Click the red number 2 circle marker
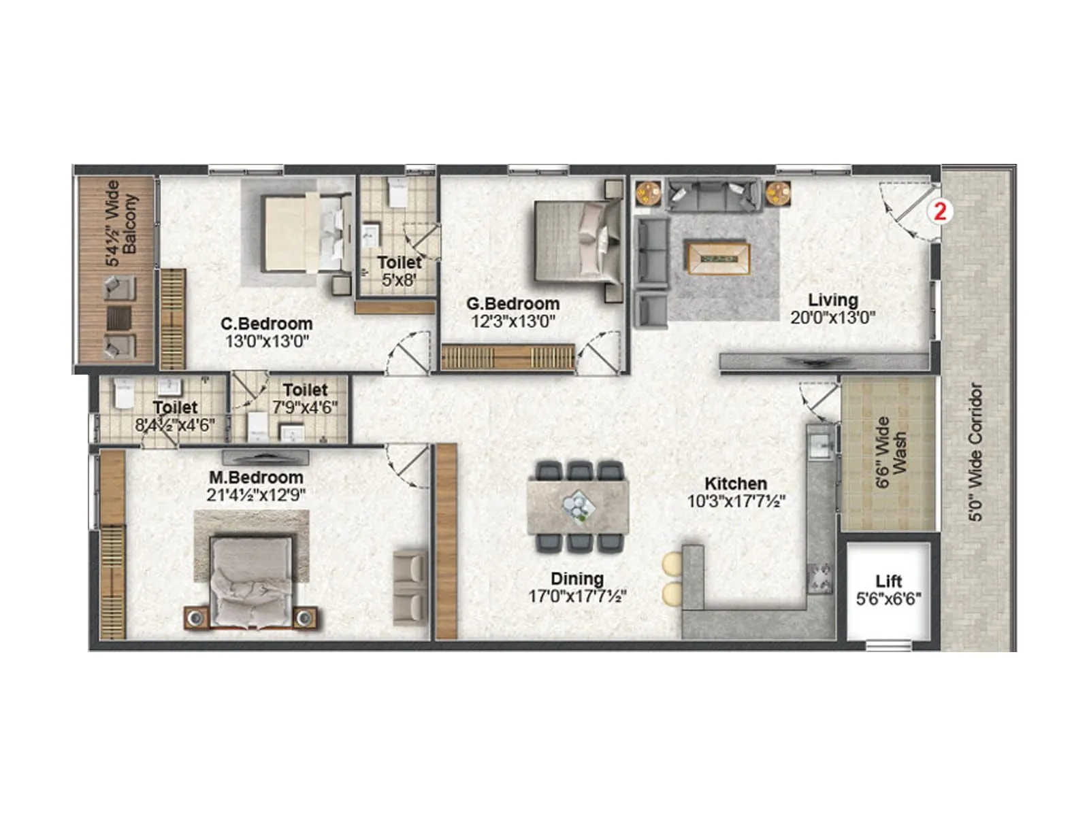(x=940, y=211)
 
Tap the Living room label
(x=832, y=300)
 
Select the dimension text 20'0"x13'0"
(x=832, y=318)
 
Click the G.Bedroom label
(x=513, y=304)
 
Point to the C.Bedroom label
(x=267, y=324)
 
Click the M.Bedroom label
(x=256, y=477)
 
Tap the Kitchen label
(x=736, y=483)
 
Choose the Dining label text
(x=577, y=579)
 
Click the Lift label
(x=888, y=581)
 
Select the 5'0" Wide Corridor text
(x=976, y=452)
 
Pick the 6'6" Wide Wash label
(x=891, y=452)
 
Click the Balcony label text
(x=130, y=224)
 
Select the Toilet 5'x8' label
(x=400, y=271)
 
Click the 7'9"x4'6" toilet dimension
(x=305, y=408)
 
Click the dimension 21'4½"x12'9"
(x=256, y=495)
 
